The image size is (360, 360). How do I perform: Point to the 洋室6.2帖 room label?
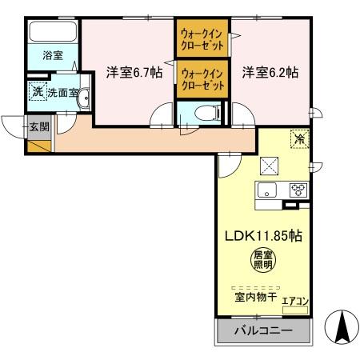click(x=270, y=72)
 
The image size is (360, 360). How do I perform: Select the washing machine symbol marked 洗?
click(x=37, y=92)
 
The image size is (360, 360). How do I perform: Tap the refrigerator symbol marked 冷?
click(x=298, y=138)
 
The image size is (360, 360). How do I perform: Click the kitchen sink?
click(x=266, y=190)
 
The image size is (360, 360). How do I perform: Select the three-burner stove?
click(x=298, y=190)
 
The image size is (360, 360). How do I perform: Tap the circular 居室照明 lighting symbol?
click(x=262, y=260)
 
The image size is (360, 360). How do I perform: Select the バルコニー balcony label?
click(x=262, y=330)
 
